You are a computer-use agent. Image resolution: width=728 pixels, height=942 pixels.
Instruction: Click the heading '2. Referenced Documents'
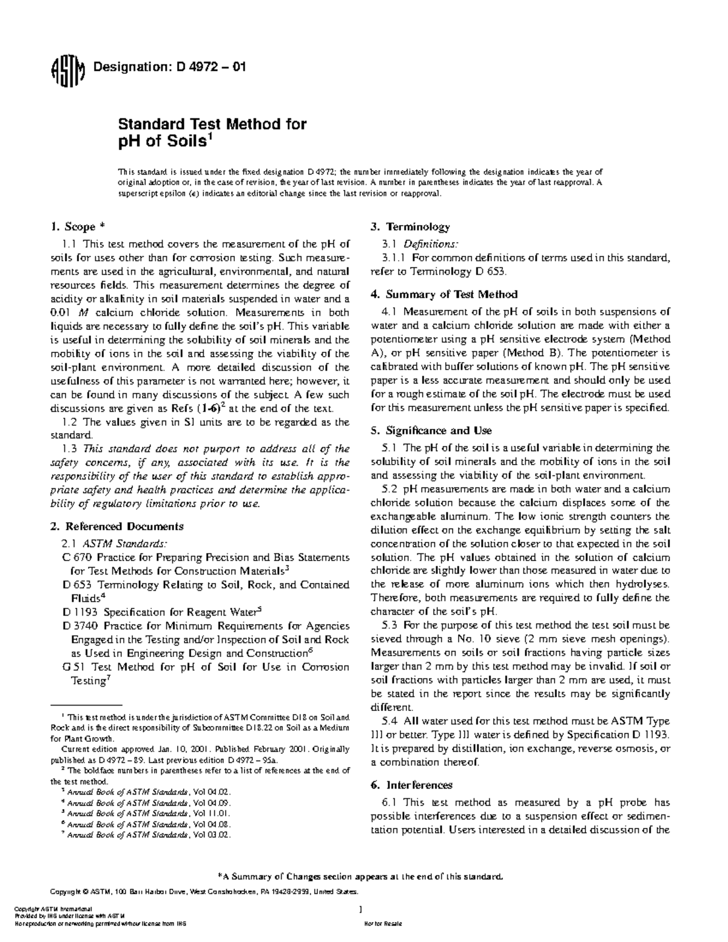point(116,526)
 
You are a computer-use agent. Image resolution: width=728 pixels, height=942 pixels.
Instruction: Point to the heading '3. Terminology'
point(410,227)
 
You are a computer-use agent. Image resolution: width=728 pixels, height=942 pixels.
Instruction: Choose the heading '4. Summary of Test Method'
point(443,294)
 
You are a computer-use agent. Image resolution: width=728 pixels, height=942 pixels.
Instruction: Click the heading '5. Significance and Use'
point(431,431)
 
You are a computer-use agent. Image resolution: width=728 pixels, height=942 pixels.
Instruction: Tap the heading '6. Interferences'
point(411,785)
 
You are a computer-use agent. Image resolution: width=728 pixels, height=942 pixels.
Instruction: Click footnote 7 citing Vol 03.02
point(148,835)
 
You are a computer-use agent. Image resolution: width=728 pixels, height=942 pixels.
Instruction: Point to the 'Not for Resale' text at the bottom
point(379,923)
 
